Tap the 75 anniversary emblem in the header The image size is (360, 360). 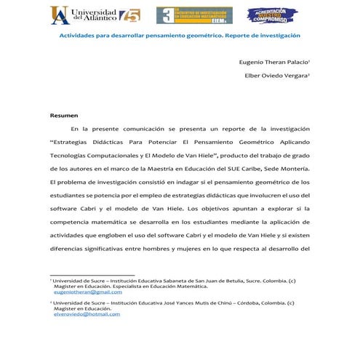[x=132, y=15]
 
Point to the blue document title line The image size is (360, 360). [x=179, y=35]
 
